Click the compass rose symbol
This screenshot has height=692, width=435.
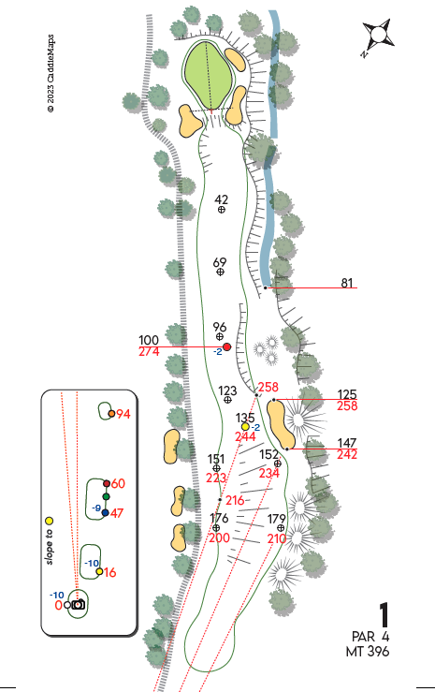tap(378, 36)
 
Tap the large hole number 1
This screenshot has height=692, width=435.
tap(384, 615)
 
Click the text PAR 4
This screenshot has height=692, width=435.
tap(370, 637)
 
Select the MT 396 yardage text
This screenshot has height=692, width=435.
tap(368, 651)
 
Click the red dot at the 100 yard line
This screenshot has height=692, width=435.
tap(227, 346)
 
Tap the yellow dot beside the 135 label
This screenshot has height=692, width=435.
tap(245, 427)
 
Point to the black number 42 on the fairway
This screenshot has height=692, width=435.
tap(222, 199)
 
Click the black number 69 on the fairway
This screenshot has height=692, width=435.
tap(220, 262)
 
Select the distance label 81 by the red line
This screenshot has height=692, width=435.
tap(347, 283)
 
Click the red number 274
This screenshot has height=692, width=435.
tap(149, 352)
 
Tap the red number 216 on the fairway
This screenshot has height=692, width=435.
tap(235, 500)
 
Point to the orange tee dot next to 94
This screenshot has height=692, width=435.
tap(111, 414)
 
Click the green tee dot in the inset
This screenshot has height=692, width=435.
tap(106, 497)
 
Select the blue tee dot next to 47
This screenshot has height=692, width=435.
tap(105, 513)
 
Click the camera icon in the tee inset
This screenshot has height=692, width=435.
tap(78, 604)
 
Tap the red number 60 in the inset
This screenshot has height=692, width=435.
tap(118, 483)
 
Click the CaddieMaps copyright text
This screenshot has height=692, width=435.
tap(51, 74)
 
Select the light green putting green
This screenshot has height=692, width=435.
tap(208, 75)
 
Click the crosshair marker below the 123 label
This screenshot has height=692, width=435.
tap(227, 400)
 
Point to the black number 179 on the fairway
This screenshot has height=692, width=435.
tap(277, 519)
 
